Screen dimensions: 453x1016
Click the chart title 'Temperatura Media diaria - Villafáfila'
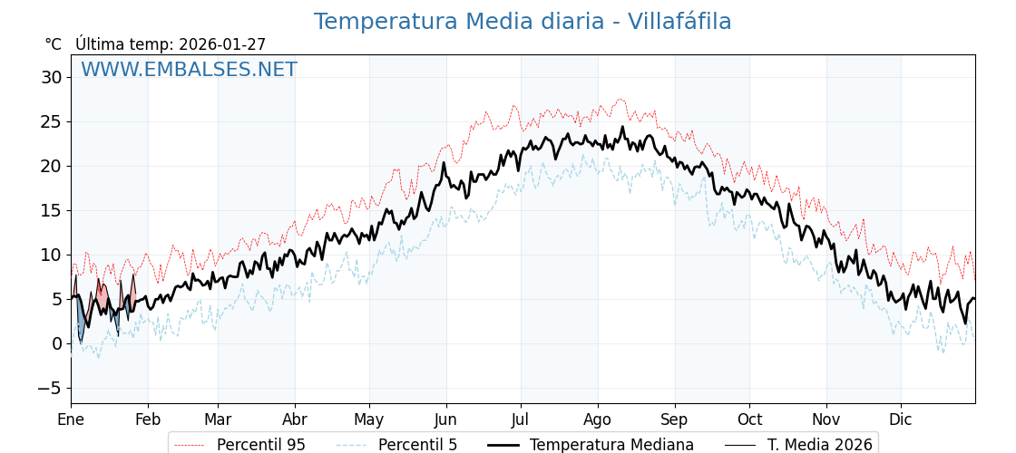(523, 22)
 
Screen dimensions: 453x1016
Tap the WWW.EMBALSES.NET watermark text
(189, 70)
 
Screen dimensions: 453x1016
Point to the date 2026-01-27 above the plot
(222, 44)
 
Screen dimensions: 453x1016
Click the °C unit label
(53, 44)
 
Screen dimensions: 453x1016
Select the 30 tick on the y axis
(51, 77)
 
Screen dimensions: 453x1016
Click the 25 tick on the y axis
(51, 121)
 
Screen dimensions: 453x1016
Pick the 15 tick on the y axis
(51, 210)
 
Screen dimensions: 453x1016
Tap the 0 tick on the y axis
(56, 343)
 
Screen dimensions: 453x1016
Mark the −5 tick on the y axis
(51, 388)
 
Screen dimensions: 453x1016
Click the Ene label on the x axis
(71, 419)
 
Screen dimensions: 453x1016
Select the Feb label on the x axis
(148, 419)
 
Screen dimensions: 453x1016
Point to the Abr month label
(295, 419)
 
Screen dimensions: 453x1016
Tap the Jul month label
(521, 419)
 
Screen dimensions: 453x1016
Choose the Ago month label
(598, 419)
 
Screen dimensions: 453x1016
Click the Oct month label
(749, 419)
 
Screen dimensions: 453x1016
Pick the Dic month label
(901, 419)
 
